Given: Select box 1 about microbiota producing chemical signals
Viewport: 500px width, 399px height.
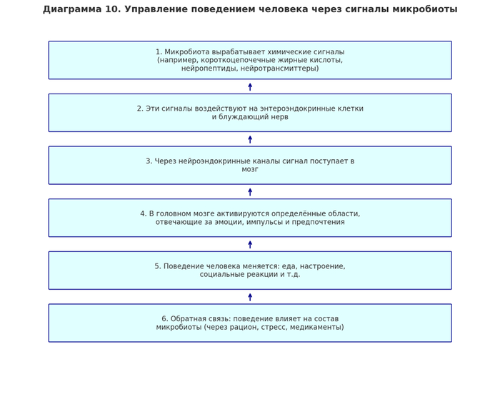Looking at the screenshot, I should (250, 60).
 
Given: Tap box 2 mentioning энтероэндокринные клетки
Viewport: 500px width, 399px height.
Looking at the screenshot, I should (250, 113).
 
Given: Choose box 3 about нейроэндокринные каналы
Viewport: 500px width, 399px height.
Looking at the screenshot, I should (250, 165).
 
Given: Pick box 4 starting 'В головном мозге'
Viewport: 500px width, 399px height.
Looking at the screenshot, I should (250, 218).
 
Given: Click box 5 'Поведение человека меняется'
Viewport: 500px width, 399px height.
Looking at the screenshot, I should (250, 270).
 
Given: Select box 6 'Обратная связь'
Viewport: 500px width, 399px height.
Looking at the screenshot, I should (250, 323).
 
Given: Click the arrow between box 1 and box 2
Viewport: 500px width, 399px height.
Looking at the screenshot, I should (250, 86).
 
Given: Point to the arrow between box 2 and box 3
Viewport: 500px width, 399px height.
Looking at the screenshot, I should (250, 139).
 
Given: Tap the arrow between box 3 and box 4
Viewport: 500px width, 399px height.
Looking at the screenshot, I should (250, 191).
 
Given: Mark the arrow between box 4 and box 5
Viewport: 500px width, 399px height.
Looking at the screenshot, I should (250, 244).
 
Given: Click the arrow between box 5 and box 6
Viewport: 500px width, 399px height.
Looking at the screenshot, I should (250, 297).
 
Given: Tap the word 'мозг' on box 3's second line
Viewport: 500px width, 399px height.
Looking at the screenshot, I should (250, 170).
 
